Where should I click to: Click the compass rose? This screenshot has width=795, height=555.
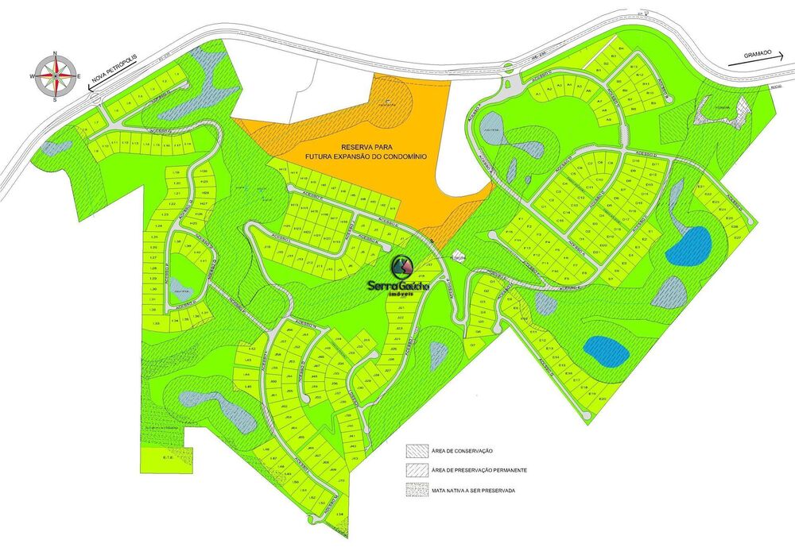tap(55, 75)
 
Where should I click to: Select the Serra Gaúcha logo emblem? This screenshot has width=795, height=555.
tap(403, 265)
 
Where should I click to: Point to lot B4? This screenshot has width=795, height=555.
tap(622, 50)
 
